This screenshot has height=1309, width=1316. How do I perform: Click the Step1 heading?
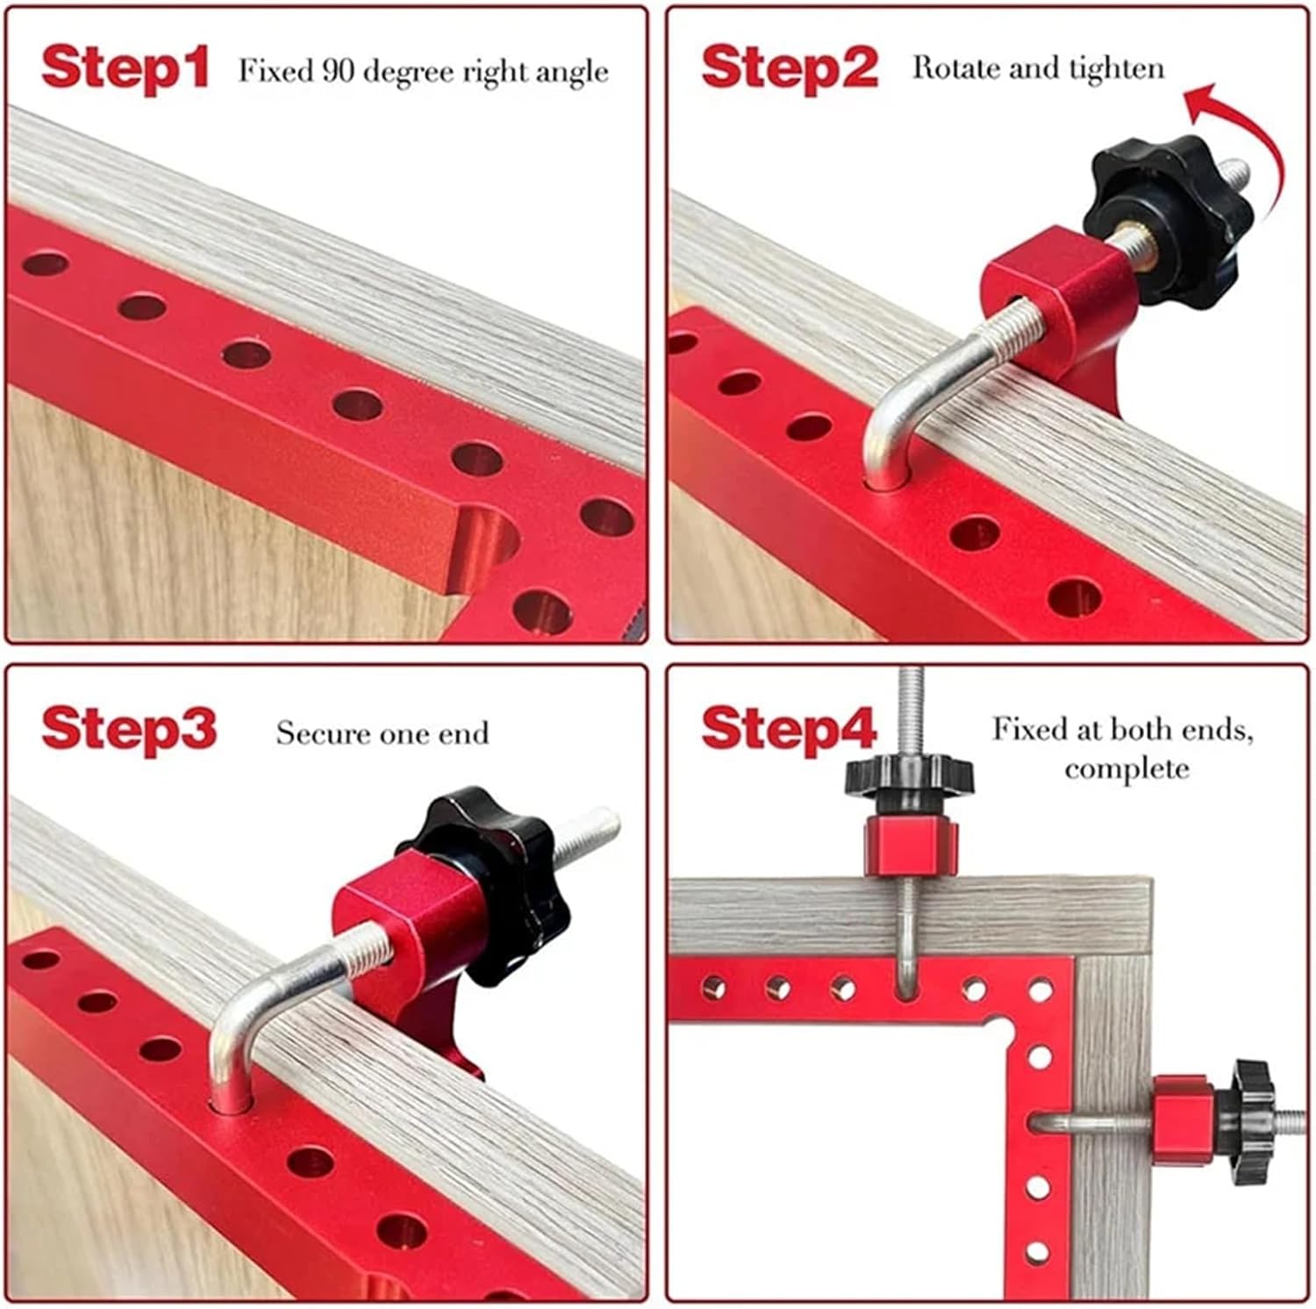[x=125, y=68]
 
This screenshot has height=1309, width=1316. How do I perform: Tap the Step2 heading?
[x=789, y=68]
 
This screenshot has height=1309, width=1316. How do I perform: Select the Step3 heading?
[x=128, y=729]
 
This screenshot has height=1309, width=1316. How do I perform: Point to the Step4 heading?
[x=789, y=729]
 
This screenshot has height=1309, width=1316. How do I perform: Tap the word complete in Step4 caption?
[x=1126, y=769]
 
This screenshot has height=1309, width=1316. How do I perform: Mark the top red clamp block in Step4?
[x=910, y=845]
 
